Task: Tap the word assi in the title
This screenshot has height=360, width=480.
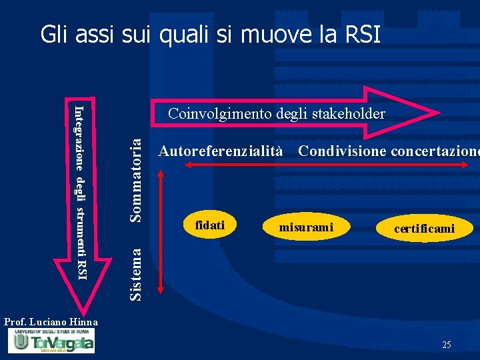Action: [x=91, y=34]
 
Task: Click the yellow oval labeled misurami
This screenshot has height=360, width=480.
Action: [x=306, y=227]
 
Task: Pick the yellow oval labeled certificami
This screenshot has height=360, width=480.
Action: [x=424, y=229]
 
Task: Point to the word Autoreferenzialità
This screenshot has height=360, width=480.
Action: [x=221, y=151]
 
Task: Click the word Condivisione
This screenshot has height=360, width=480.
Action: [x=343, y=151]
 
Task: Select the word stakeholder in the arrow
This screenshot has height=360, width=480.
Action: [x=349, y=114]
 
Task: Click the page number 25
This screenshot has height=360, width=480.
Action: [x=446, y=345]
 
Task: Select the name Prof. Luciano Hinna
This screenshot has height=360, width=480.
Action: [x=51, y=322]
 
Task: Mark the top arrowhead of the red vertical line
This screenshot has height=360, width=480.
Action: [x=160, y=172]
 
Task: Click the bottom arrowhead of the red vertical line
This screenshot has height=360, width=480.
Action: [x=160, y=290]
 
